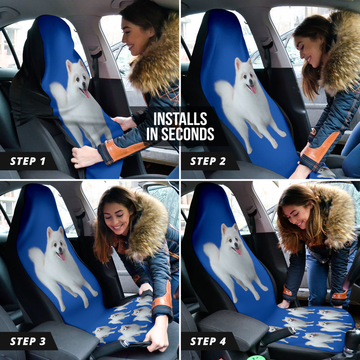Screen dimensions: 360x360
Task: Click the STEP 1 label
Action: [x=28, y=161]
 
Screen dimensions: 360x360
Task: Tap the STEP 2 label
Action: [x=208, y=161]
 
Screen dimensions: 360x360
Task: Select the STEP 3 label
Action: [x=28, y=341]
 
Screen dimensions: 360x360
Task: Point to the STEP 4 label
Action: [x=208, y=341]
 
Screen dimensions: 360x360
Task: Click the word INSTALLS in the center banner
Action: [x=180, y=119]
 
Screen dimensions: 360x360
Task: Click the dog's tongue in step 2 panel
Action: [x=252, y=89]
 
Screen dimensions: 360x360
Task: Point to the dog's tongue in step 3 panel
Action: [x=62, y=257]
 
